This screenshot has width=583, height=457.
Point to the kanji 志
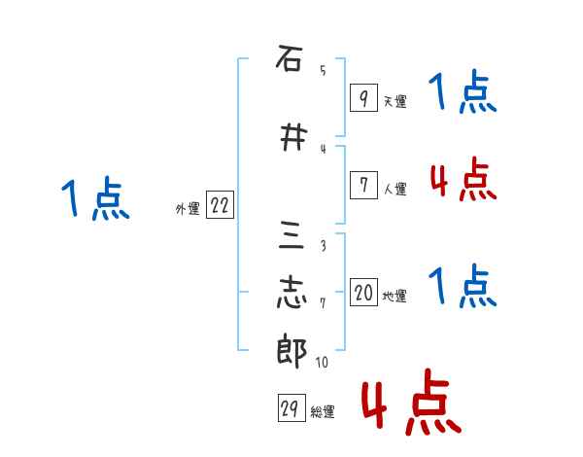point(291,293)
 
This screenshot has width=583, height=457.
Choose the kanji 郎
point(291,351)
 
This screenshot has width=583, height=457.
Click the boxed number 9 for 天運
point(362,98)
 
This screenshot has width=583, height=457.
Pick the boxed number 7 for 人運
point(362,185)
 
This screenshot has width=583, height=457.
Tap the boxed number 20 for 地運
point(363,293)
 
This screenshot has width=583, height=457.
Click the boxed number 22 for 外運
point(220,206)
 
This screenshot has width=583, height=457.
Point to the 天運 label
point(394,101)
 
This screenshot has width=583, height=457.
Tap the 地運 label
point(394,296)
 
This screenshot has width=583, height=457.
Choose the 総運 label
point(323,412)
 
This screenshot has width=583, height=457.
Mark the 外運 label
point(188,209)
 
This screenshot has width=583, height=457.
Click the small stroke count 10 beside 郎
point(321,363)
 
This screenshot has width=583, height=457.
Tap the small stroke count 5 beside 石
point(323,70)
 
